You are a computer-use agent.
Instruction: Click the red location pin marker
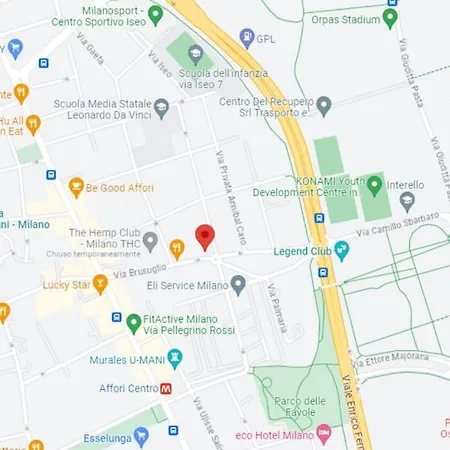pos(205,237)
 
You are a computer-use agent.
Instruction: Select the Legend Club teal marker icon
pos(343,248)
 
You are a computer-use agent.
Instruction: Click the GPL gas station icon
pos(246,39)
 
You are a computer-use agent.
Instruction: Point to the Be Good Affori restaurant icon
pos(76,186)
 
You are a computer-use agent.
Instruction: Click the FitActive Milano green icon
pos(133,322)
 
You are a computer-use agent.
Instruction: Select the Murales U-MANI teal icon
pos(175,355)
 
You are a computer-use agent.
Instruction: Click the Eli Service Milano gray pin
pos(238,286)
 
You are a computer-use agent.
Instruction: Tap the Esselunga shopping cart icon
pos(141,436)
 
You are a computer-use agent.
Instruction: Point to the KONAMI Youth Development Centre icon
pos(374,184)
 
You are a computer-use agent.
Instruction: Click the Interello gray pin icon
pos(407,199)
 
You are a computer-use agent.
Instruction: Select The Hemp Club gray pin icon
pos(150,240)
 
